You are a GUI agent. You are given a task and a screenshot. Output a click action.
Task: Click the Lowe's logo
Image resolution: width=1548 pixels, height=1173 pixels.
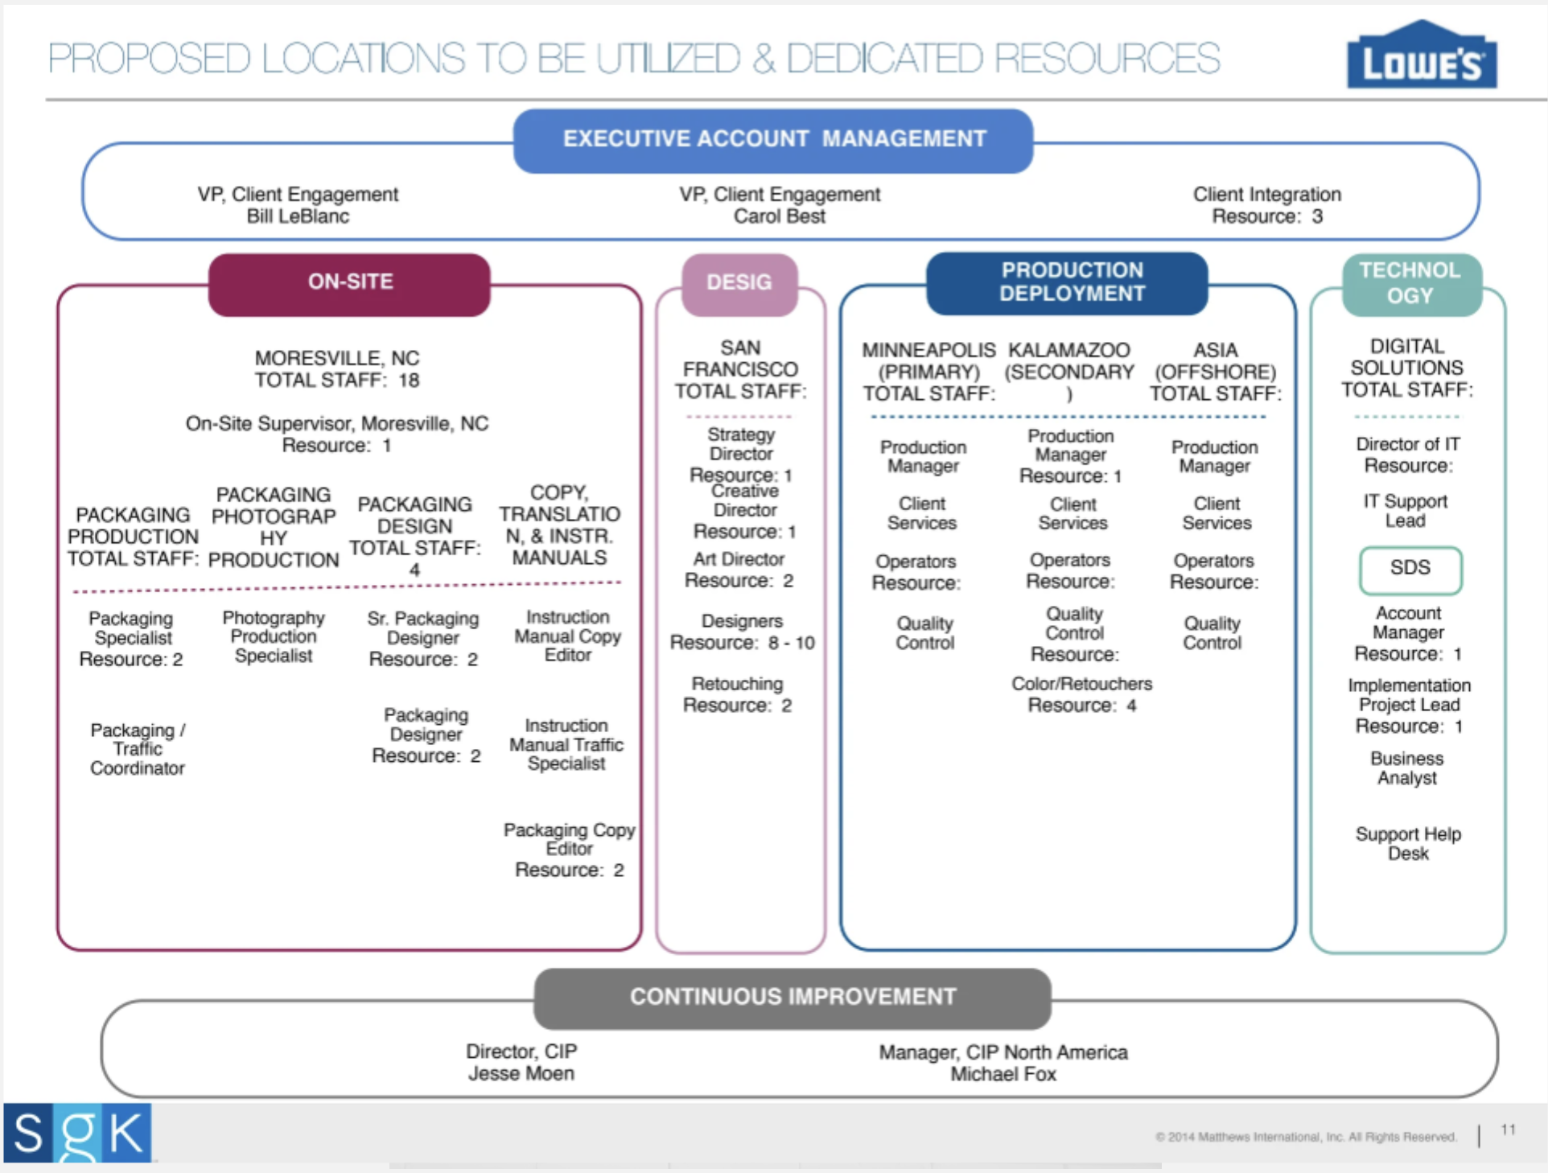1421,56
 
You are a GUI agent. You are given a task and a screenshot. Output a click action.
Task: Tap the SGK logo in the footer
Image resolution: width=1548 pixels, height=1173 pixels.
77,1133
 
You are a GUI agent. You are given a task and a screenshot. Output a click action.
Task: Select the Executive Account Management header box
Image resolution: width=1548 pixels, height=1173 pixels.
773,140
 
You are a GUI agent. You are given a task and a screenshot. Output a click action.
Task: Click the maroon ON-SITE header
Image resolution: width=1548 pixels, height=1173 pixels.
349,283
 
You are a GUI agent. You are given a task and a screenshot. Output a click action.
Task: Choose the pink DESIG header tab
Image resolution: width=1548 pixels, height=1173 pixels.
739,283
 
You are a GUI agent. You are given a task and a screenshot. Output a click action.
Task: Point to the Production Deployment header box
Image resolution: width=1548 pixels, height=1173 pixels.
1070,282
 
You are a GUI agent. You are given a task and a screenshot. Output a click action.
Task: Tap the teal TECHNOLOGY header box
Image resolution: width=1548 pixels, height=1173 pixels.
1410,283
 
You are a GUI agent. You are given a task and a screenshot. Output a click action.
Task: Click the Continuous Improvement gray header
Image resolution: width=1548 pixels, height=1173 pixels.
793,998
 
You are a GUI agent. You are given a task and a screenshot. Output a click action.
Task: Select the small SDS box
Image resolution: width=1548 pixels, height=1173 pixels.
1410,569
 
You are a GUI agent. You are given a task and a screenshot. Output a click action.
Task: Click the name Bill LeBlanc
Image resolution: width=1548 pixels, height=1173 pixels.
298,217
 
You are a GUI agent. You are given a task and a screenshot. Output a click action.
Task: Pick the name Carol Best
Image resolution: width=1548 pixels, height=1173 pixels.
779,217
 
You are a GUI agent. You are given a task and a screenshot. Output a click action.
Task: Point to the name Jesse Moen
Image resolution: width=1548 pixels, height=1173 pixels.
521,1074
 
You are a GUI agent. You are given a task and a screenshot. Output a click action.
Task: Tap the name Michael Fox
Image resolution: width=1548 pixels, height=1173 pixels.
1002,1075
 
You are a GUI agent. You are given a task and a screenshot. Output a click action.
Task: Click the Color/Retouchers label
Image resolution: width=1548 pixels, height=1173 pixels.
1081,684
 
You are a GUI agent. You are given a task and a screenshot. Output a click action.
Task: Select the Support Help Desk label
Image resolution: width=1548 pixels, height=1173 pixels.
1408,844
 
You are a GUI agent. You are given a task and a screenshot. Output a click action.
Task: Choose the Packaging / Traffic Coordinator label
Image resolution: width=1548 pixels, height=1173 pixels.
138,749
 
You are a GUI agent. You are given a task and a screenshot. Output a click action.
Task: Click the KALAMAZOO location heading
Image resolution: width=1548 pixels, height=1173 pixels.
1068,351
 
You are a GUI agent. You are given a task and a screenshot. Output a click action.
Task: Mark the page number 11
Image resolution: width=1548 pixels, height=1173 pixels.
1508,1130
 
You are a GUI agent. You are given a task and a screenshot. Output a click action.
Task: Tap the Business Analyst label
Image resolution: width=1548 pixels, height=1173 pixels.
1406,768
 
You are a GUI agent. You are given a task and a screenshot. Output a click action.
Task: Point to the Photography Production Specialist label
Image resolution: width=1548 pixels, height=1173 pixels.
274,636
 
